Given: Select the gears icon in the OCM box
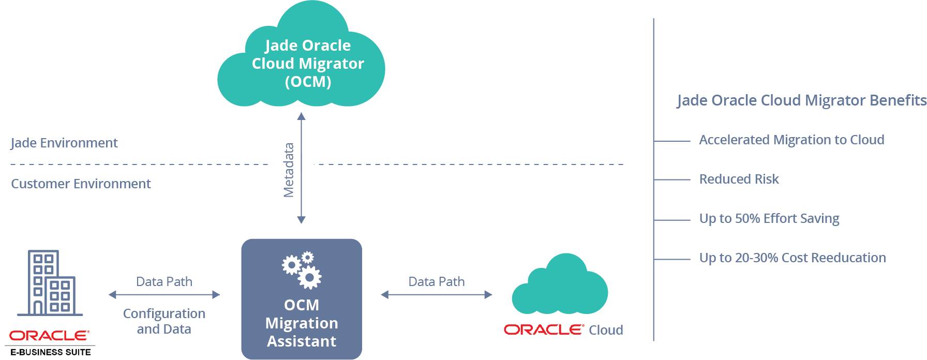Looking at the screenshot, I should (x=302, y=269).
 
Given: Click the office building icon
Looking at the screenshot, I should (x=50, y=283).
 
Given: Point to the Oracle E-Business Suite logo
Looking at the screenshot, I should (x=50, y=342).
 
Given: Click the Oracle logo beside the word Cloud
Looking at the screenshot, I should (x=544, y=330).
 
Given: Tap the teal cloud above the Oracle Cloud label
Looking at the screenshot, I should (x=560, y=287).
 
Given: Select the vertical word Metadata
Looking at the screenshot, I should (x=289, y=170).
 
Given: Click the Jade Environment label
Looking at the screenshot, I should (x=64, y=143).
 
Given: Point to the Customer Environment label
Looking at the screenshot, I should (x=81, y=184).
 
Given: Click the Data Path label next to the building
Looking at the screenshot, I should (x=164, y=281).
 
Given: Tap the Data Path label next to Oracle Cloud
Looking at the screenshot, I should (x=437, y=281).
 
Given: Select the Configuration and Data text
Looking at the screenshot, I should (x=164, y=321).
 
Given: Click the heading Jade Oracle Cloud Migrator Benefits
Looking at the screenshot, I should (x=801, y=100).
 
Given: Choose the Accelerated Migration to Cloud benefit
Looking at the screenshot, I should (x=791, y=140).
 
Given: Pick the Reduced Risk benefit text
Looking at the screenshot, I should (x=739, y=179).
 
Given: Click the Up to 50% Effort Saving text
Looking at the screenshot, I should (x=769, y=218).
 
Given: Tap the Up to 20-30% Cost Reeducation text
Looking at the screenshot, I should (x=793, y=258).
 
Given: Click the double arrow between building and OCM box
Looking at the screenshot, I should (x=164, y=295).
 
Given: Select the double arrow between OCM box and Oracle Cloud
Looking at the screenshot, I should (x=437, y=295).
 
